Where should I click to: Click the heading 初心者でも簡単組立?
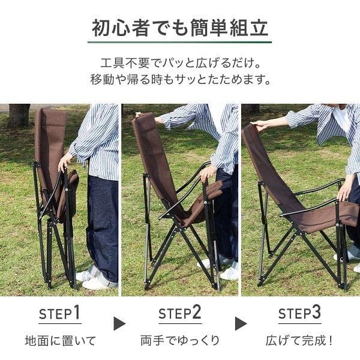(x=180, y=28)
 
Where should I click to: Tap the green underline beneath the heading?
(x=180, y=42)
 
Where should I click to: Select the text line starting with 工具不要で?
(x=180, y=63)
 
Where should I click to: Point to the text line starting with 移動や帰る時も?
(x=180, y=79)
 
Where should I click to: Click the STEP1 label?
(x=59, y=314)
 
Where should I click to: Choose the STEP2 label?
(x=179, y=314)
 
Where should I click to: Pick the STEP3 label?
(x=299, y=314)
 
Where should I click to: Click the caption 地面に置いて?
(x=60, y=341)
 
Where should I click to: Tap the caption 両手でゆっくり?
(x=179, y=341)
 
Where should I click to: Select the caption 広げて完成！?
(x=300, y=341)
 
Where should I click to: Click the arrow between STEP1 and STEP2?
(x=120, y=324)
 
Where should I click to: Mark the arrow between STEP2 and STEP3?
(x=241, y=324)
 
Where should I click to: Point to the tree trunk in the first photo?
(x=19, y=115)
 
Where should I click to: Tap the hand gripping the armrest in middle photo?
(x=208, y=174)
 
